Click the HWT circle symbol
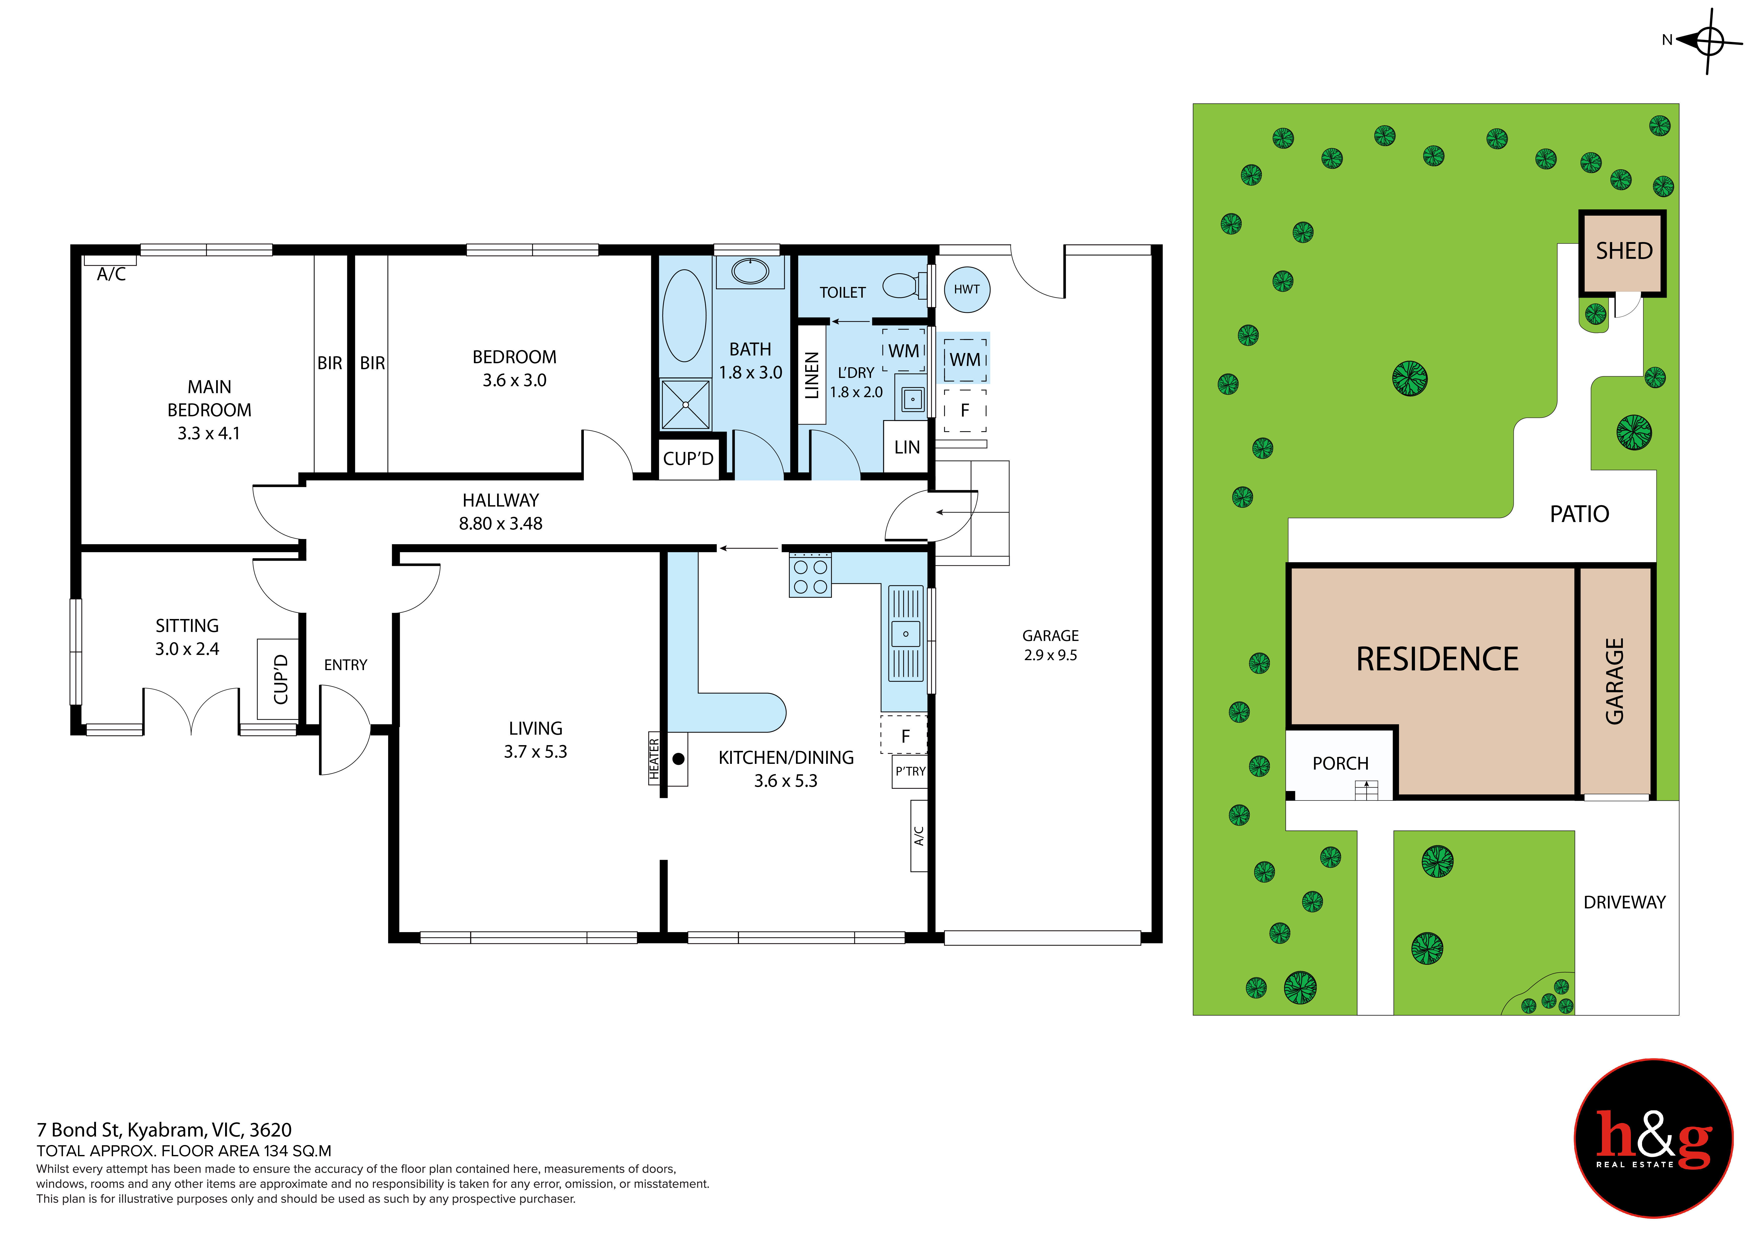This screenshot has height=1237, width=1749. click(x=967, y=289)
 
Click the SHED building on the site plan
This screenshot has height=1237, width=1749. click(x=1623, y=254)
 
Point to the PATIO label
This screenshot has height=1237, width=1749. click(x=1579, y=514)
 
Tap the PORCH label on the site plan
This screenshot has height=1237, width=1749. click(x=1340, y=763)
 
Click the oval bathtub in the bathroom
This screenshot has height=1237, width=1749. click(x=684, y=315)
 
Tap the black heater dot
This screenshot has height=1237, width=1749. click(x=678, y=759)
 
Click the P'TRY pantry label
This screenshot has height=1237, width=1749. click(x=910, y=772)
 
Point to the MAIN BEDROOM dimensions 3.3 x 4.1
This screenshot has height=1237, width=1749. click(x=209, y=434)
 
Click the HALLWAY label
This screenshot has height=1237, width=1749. click(x=501, y=500)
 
